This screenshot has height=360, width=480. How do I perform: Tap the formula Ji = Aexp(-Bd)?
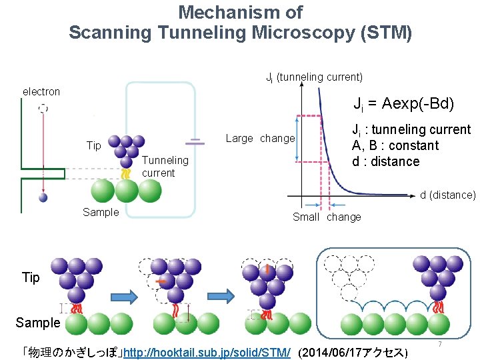[403, 104]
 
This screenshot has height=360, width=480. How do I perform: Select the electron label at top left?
[41, 91]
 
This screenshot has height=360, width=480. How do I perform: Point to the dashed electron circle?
[43, 107]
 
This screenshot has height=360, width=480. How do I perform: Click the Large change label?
[260, 139]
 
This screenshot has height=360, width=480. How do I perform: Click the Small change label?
[327, 217]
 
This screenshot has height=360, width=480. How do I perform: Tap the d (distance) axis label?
[447, 195]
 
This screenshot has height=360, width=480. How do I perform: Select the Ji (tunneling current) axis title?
[314, 77]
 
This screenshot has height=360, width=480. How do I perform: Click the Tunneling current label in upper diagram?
[165, 167]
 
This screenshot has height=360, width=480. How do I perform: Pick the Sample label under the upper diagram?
[101, 212]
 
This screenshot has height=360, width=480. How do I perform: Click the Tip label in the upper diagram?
[94, 145]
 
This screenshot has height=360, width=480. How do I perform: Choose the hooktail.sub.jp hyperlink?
[207, 351]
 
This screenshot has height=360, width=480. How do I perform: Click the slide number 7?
[440, 344]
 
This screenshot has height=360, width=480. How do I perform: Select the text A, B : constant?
[395, 145]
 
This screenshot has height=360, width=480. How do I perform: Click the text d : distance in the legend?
[385, 161]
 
